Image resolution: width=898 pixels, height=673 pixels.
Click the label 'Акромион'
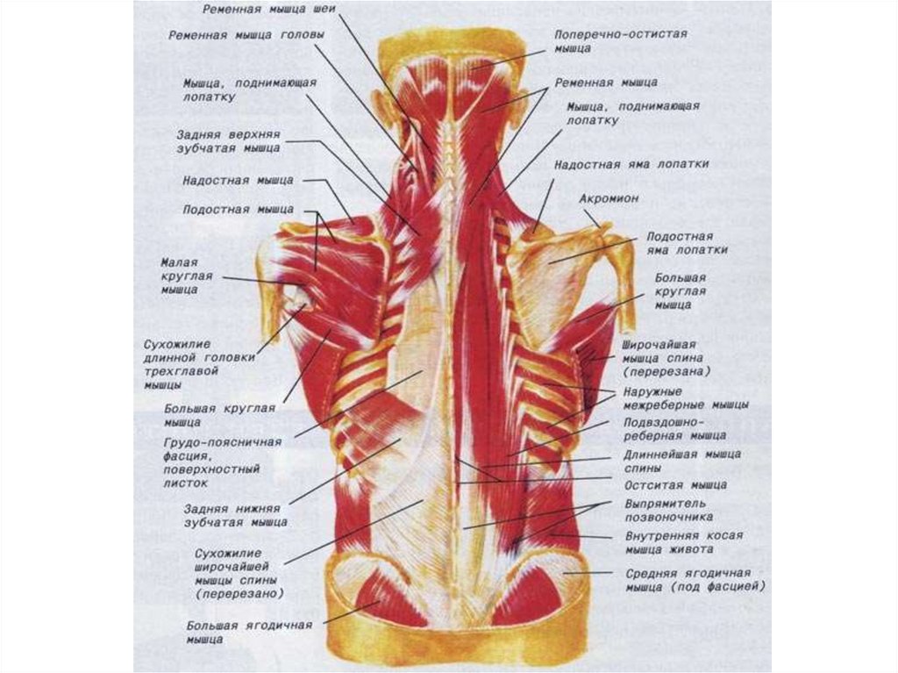tap(609, 199)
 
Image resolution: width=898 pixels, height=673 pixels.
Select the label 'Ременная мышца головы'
tap(247, 36)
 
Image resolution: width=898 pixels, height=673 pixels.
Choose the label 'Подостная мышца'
tap(239, 211)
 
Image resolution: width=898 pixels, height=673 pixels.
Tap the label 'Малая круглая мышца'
tap(179, 276)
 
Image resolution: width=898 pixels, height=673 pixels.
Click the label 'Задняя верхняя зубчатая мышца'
tap(227, 142)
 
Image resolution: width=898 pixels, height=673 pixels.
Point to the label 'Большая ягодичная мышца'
tap(250, 632)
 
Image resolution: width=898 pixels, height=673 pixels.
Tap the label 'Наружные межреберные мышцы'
tap(686, 398)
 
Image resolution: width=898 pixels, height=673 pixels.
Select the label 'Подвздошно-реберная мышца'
tap(674, 428)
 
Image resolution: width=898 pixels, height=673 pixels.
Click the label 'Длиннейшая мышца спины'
tap(682, 461)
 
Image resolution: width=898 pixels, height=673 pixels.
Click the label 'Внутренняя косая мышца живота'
tap(684, 541)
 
